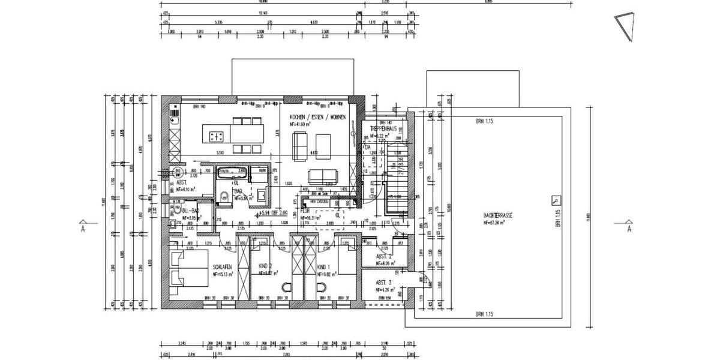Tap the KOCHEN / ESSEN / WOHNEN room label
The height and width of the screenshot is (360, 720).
tap(317, 118)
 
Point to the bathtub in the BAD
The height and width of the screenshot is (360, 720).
tap(232, 173)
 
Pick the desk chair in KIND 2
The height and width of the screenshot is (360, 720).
tap(284, 287)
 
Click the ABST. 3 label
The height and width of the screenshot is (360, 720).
tap(383, 283)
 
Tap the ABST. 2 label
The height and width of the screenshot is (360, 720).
tap(383, 256)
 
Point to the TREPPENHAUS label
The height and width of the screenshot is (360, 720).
tap(384, 129)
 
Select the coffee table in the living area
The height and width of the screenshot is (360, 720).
tap(323, 143)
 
